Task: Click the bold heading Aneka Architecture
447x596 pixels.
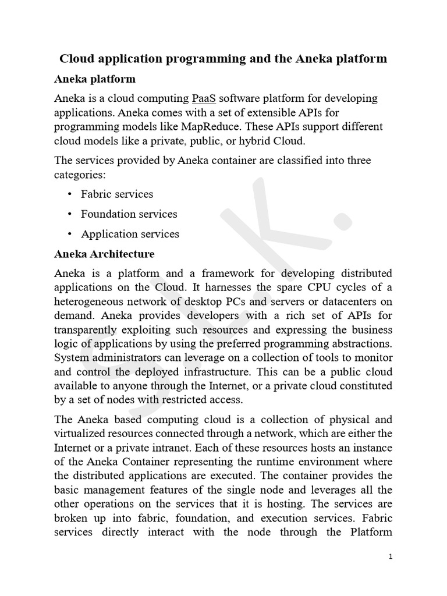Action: (104, 254)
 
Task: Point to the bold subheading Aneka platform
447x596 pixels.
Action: (95, 79)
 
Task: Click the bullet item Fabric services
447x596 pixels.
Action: (117, 194)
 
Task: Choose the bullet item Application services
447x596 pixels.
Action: (130, 234)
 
